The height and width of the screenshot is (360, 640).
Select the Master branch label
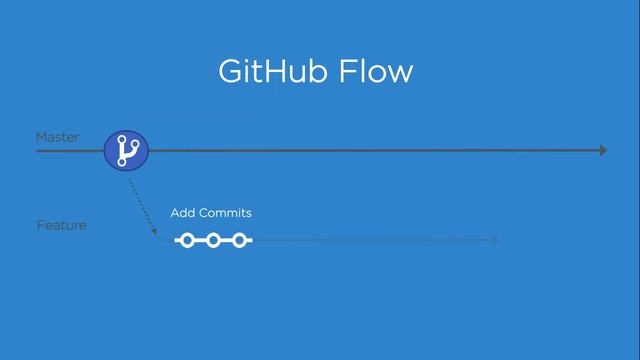57,137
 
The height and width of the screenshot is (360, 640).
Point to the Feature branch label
61,225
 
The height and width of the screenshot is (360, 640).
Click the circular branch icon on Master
126,151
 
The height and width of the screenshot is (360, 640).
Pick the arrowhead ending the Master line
603,151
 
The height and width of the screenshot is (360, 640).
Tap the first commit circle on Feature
187,240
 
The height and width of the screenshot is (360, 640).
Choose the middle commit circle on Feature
213,240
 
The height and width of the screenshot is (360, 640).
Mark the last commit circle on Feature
239,240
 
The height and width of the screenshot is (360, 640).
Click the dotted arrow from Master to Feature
141,204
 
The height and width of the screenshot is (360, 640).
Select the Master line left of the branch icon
70,151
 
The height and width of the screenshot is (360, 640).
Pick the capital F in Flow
351,73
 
